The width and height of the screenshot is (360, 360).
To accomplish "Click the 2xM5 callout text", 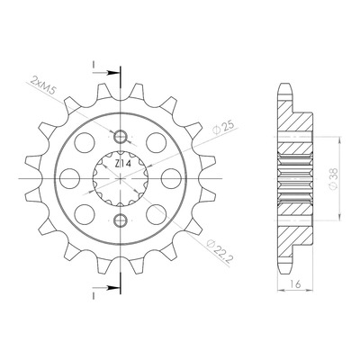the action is coord(44,85).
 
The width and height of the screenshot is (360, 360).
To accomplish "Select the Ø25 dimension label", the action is coord(222,128).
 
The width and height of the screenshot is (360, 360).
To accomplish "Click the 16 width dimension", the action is coord(295,283).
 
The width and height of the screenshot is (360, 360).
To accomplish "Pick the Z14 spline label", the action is coord(122,164).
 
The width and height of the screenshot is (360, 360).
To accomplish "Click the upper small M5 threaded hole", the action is coord(121,137).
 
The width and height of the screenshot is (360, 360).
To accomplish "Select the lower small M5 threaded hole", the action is coord(121,220).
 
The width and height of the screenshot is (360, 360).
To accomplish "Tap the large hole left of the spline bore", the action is coord(69,179).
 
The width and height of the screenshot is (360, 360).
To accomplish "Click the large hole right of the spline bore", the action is coord(171,179).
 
